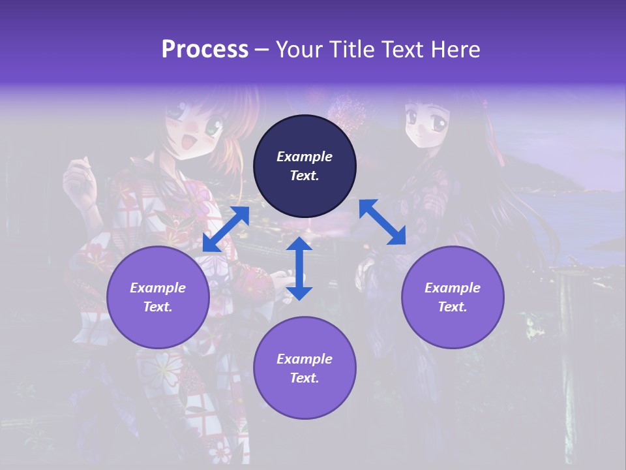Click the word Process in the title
[205, 50]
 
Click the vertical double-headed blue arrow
[299, 268]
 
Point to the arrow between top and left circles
[226, 229]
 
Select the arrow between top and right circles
[382, 222]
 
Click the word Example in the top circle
[305, 157]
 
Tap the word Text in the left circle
[158, 307]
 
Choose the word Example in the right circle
[453, 288]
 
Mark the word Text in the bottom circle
[305, 378]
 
